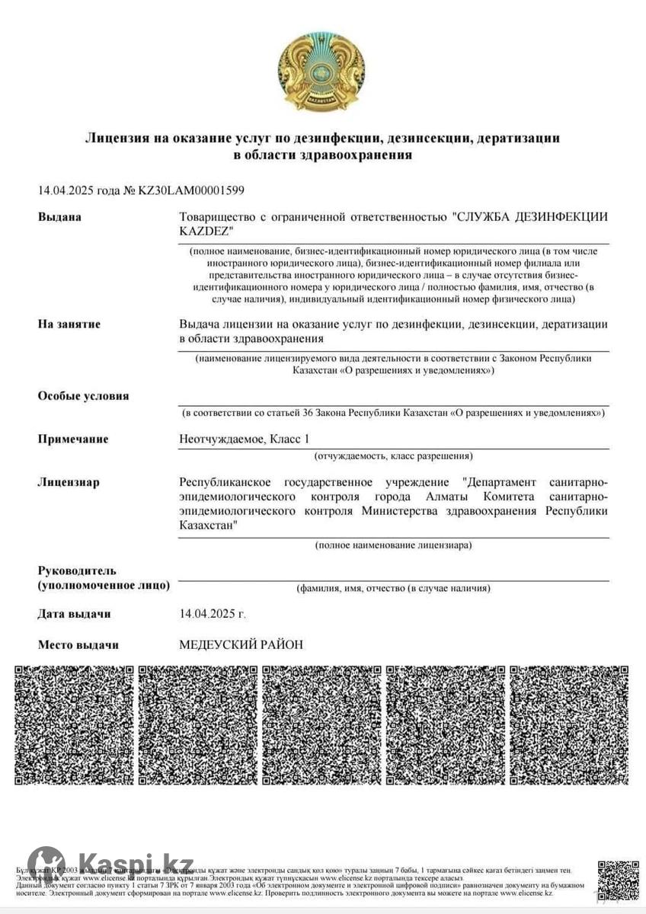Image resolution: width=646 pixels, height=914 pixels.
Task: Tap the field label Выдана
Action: pyautogui.click(x=59, y=217)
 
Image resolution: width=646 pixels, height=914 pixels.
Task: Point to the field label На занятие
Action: pyautogui.click(x=69, y=324)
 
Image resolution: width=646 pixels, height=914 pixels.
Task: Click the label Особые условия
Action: pyautogui.click(x=84, y=396)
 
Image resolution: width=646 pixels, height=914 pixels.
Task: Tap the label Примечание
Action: pyautogui.click(x=73, y=439)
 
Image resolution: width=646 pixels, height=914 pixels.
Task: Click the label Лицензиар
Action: pyautogui.click(x=69, y=482)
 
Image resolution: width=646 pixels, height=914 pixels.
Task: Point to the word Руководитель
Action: pyautogui.click(x=77, y=570)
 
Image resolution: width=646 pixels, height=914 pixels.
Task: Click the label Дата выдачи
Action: pyautogui.click(x=75, y=614)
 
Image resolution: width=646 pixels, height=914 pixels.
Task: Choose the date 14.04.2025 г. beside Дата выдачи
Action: pyautogui.click(x=213, y=614)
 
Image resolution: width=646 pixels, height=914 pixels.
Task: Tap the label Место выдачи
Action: pyautogui.click(x=78, y=645)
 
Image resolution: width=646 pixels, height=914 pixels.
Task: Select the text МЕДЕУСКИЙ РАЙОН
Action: pyautogui.click(x=241, y=645)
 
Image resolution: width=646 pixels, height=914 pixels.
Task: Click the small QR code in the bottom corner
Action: pyautogui.click(x=618, y=880)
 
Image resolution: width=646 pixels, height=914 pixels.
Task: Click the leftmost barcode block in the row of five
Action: pyautogui.click(x=75, y=725)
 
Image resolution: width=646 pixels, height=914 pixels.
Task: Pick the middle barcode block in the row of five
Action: pyautogui.click(x=322, y=725)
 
